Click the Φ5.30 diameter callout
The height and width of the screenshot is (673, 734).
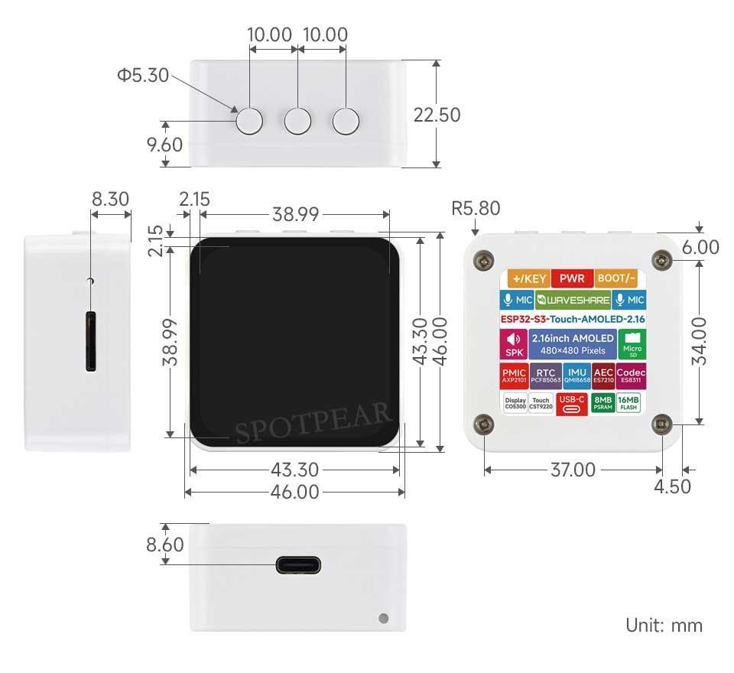142,76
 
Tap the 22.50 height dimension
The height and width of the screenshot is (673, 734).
437,115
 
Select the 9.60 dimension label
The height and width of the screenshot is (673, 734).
165,145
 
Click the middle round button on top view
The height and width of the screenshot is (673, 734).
298,120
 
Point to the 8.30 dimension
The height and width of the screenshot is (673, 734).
110,200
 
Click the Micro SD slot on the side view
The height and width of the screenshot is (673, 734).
91,341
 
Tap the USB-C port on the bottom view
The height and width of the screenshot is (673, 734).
298,566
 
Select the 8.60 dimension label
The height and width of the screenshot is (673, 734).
165,545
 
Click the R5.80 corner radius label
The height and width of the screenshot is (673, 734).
476,208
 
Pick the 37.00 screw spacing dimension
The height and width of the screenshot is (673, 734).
573,470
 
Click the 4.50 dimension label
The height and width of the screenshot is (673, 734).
674,486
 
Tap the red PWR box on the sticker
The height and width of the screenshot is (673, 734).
572,278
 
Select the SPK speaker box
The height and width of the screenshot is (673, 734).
512,345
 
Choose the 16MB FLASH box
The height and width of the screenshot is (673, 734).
628,403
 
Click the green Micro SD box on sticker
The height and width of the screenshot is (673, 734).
632,345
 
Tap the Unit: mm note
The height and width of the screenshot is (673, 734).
664,625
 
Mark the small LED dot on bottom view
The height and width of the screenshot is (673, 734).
383,617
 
